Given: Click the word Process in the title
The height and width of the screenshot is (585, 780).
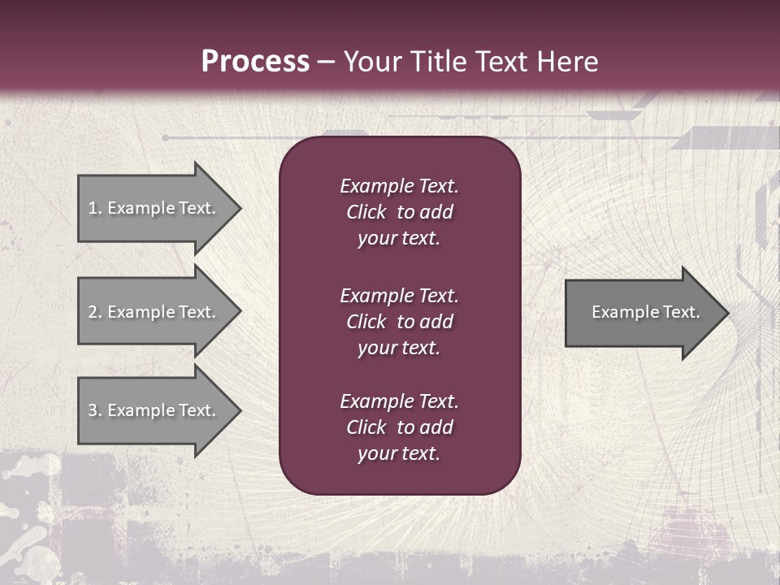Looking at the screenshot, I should coord(255,62).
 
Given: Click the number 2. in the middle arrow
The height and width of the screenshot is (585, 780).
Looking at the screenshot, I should coord(95,312).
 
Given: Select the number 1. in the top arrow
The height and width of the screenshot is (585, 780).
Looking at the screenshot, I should coord(95,208).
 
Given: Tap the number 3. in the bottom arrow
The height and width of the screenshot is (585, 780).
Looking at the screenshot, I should coord(95,410).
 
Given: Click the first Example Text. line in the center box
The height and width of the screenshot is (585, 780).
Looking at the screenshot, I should coord(399,186).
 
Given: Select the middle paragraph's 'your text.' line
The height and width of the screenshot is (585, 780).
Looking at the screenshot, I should coord(399,348).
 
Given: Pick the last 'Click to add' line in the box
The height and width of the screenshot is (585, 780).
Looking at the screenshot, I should coord(399,427).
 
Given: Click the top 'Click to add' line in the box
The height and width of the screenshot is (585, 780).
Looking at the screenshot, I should coord(399,212).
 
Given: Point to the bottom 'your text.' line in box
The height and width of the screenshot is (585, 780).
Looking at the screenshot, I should coord(399,453).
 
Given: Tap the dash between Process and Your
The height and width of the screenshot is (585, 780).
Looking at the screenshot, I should coord(327,63).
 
